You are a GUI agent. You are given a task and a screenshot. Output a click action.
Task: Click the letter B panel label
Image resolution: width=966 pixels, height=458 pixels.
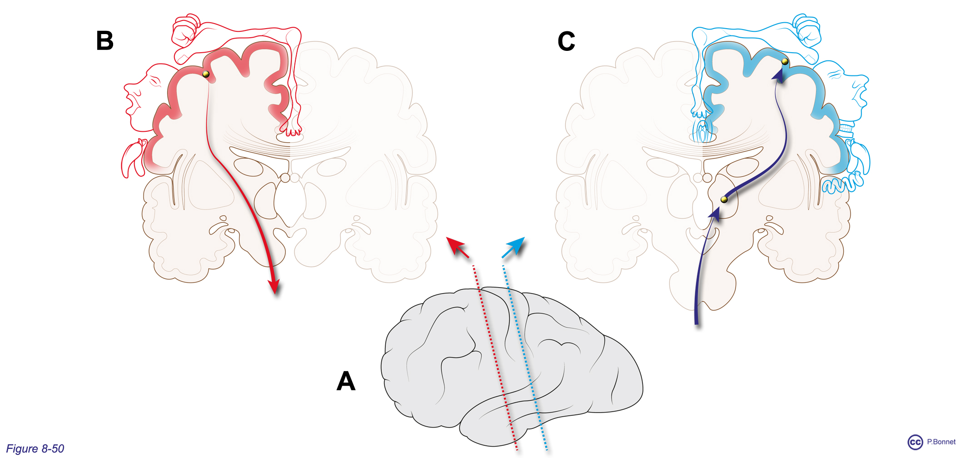pyautogui.click(x=105, y=40)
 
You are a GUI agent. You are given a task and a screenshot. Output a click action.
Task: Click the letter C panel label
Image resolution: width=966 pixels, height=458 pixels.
pyautogui.click(x=566, y=41)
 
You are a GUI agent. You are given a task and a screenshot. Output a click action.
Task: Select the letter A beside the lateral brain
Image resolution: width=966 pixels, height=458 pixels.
pyautogui.click(x=346, y=381)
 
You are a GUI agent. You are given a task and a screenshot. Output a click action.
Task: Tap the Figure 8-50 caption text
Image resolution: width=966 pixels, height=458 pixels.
pyautogui.click(x=35, y=448)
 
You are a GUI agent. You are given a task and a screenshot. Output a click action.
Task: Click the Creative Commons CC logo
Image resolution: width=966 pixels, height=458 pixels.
pyautogui.click(x=915, y=442)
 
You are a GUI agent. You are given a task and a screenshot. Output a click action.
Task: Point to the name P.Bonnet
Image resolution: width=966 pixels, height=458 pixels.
pyautogui.click(x=941, y=442)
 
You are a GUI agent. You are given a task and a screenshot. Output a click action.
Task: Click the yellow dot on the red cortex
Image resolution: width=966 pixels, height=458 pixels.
pyautogui.click(x=206, y=74)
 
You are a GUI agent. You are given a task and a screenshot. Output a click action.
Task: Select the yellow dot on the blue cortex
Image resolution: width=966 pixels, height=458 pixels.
pyautogui.click(x=785, y=61)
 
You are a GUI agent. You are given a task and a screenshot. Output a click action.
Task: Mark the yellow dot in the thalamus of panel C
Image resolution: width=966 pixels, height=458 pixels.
pyautogui.click(x=724, y=199)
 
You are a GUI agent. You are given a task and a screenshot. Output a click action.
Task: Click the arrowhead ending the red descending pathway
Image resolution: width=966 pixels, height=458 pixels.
pyautogui.click(x=274, y=286)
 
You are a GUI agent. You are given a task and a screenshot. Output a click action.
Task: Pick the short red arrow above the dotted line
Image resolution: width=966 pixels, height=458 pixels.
pyautogui.click(x=457, y=247)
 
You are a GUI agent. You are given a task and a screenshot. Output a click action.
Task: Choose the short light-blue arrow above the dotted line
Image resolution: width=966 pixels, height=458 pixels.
pyautogui.click(x=513, y=247)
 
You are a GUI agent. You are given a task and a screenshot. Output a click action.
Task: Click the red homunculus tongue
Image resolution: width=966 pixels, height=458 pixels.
pyautogui.click(x=132, y=159)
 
